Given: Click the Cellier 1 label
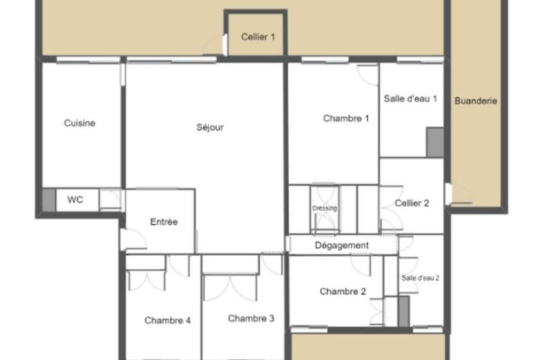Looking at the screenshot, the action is coord(258,37).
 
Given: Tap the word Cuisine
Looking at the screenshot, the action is coord(80,123).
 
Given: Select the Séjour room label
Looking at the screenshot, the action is coord(210,127).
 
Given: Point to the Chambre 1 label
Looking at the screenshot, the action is coord(346,119).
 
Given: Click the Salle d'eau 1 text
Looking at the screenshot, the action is coord(410,99).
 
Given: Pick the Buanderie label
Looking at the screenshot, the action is coord(476,101).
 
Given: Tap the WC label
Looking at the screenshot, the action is coord(75,200).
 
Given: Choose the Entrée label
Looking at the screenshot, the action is coord(164,221).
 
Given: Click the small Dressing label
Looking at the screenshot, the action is coord(325,208).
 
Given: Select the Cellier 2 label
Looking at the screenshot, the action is coord(412,203).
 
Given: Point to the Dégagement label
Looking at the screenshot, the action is coord(341,245).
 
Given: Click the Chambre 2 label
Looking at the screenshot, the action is coord(343,292).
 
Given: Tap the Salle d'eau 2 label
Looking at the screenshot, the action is coord(420,278).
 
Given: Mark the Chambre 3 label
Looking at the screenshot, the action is coord(251,319).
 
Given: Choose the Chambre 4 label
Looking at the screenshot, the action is coord(167,320).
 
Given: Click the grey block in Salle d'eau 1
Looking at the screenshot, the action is coord(435,142).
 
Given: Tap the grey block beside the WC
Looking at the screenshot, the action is coord(49,200).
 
